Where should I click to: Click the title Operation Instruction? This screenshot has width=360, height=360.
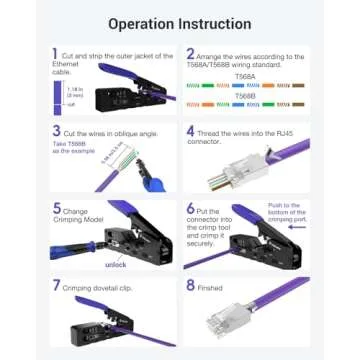pyautogui.click(x=180, y=22)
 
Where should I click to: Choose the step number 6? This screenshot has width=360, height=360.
pyautogui.click(x=190, y=208)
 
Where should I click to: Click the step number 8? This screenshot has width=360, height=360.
pyautogui.click(x=190, y=285)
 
